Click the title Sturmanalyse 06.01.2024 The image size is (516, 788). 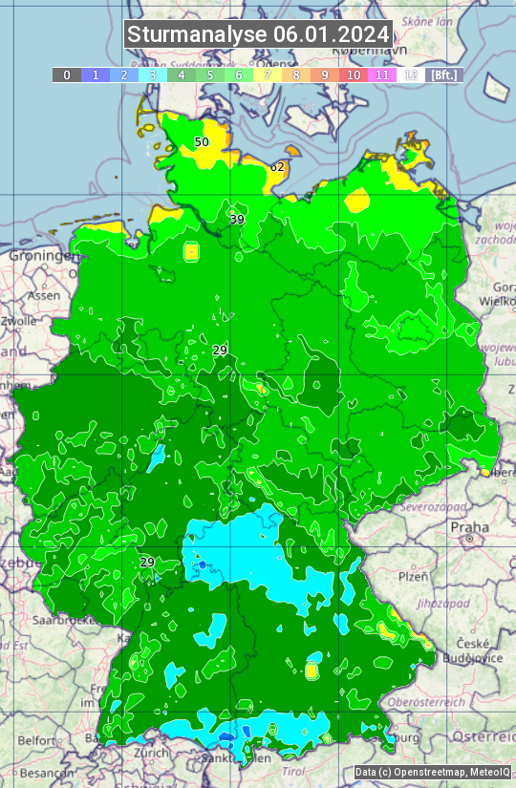coord(258,34)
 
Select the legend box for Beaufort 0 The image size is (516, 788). coord(66,75)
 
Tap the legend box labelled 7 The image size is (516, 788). coord(268,75)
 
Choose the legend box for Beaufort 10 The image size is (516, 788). coord(354,75)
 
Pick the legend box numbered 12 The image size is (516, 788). coord(411,75)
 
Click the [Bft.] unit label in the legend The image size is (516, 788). coord(443,75)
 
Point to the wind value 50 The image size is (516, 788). coord(202,142)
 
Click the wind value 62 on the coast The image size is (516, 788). coord(277,167)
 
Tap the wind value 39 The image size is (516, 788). coord(237,220)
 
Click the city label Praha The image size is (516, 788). coord(469,527)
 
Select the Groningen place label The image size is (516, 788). coord(41,256)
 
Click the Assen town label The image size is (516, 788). coord(43,296)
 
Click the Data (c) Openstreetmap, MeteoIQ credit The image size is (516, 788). coord(433,772)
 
